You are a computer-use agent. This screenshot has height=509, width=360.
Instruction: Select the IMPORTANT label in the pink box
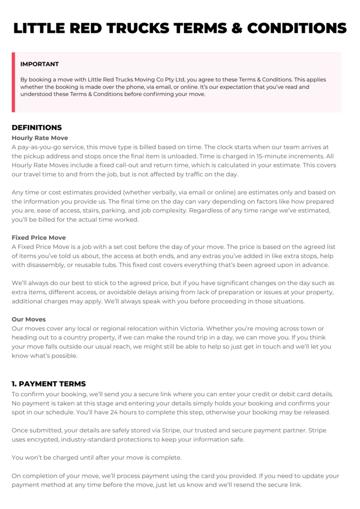(x=39, y=64)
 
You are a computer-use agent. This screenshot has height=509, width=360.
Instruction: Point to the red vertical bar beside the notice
(x=13, y=82)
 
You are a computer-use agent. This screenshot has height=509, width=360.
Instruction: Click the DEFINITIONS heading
(x=37, y=127)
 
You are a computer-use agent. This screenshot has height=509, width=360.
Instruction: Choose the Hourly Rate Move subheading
(x=40, y=138)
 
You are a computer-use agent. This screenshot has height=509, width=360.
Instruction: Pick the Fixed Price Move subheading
(x=39, y=238)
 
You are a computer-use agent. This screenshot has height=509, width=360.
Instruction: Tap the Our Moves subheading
(x=29, y=319)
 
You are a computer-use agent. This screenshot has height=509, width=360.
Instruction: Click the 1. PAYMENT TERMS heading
(x=49, y=384)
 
